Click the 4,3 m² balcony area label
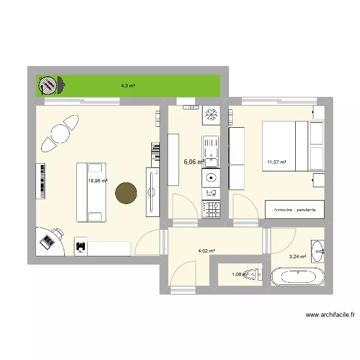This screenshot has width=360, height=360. (x=128, y=86)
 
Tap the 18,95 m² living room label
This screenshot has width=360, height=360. (x=97, y=181)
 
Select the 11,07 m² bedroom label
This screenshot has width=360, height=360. (x=276, y=162)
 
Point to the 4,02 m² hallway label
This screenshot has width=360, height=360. (x=206, y=250)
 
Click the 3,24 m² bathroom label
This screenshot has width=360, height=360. (x=298, y=256)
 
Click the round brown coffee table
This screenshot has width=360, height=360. (x=126, y=193)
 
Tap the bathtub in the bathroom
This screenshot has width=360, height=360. (x=297, y=277)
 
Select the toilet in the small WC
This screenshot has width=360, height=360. (x=251, y=275)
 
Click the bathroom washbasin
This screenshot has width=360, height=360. (x=318, y=251)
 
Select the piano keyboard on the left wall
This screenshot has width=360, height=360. (x=41, y=181)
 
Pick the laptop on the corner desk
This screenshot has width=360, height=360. (x=48, y=241)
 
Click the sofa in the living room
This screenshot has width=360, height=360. (x=91, y=192)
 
